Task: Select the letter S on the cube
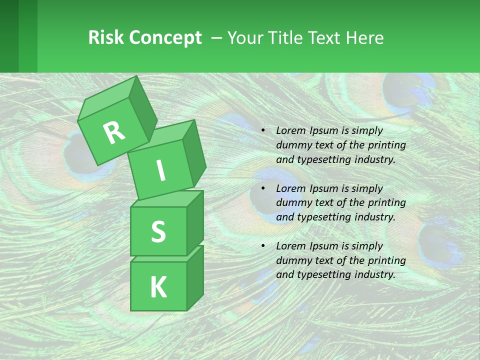click(158, 231)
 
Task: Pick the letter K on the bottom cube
click(158, 287)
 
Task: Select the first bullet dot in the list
click(263, 131)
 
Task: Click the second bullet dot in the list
click(263, 189)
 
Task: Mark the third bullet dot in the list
click(263, 246)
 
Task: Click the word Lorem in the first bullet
click(290, 130)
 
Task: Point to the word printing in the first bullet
click(386, 145)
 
